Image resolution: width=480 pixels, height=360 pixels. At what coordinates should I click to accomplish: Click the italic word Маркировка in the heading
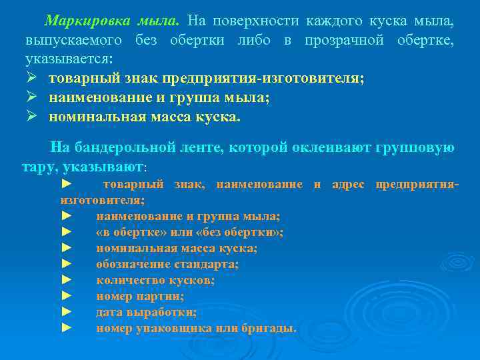[x=90, y=22]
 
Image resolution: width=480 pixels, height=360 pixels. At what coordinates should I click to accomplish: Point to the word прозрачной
[x=343, y=41]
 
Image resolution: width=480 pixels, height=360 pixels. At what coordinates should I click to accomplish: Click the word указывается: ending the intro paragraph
[x=69, y=59]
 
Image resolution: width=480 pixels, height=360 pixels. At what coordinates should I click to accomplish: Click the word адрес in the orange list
[x=347, y=184]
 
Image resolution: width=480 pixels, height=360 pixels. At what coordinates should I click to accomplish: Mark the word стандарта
[x=206, y=264]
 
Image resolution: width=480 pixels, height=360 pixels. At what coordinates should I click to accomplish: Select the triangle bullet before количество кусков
[x=65, y=280]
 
